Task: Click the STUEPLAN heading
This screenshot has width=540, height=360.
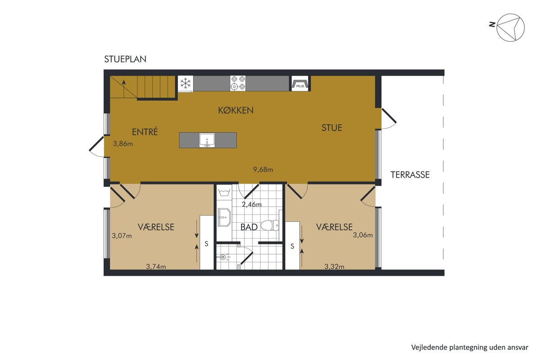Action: click(125, 59)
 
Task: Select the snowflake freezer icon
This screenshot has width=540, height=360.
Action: click(185, 84)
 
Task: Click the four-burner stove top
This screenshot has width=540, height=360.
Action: click(238, 83)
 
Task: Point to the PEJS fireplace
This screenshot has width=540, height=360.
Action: click(300, 83)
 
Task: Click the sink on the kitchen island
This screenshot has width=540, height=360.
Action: click(207, 140)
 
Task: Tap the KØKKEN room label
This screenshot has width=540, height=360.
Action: click(236, 110)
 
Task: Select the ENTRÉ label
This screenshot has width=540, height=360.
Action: click(145, 131)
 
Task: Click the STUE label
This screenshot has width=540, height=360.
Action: click(332, 128)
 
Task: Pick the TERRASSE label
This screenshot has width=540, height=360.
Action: click(410, 175)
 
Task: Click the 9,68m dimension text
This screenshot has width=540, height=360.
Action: click(263, 170)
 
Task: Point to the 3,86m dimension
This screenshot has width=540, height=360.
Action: click(123, 144)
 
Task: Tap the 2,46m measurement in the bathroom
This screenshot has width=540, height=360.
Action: click(252, 204)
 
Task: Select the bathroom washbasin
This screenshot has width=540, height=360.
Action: click(224, 217)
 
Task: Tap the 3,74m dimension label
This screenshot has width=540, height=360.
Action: click(156, 266)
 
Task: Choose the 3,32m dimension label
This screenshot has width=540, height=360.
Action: click(334, 266)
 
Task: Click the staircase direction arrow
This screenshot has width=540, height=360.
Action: click(124, 89)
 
